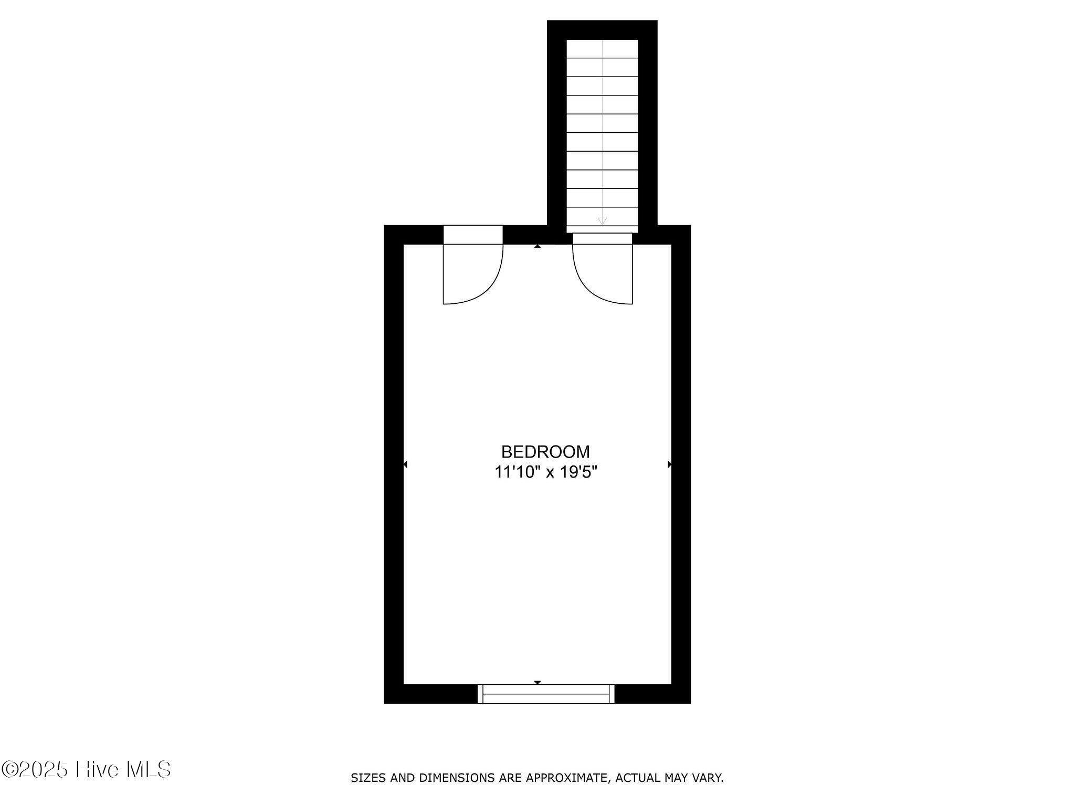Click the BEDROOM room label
click(545, 452)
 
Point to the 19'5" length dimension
click(578, 473)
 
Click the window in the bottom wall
click(546, 694)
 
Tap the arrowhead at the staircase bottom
click(602, 221)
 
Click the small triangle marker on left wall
click(405, 464)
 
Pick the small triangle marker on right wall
click(670, 464)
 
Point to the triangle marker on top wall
click(537, 246)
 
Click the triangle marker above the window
click(537, 683)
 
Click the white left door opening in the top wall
click(473, 235)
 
